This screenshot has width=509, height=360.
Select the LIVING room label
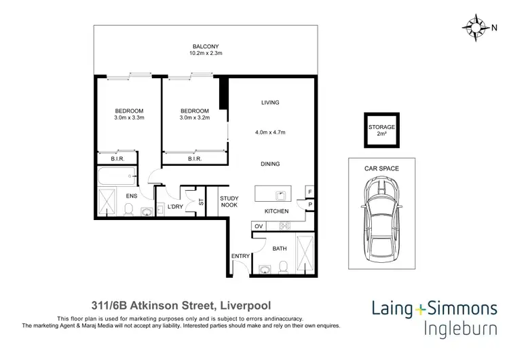[270, 103]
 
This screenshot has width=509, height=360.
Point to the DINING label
[270, 164]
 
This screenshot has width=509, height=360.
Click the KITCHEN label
[276, 211]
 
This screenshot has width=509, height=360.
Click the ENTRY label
[240, 255]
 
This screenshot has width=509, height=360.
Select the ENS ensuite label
[132, 196]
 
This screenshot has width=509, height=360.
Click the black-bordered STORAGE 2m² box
[381, 130]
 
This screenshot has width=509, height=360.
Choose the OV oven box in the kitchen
[259, 226]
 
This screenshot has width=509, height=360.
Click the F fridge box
[310, 192]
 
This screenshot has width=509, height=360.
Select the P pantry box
[310, 204]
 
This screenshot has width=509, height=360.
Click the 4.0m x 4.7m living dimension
[270, 132]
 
